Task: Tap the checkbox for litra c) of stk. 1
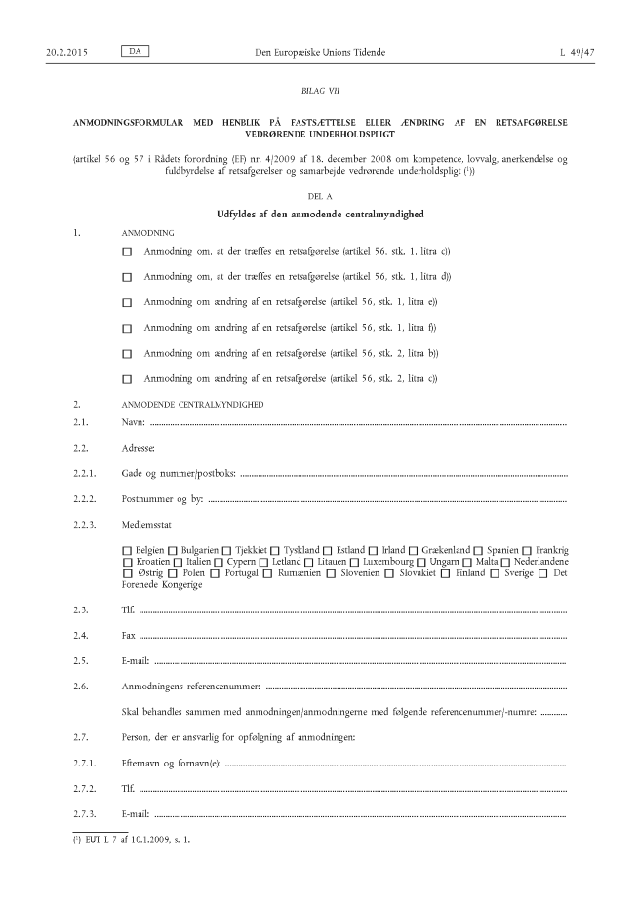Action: pos(127,252)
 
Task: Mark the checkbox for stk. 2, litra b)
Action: pos(127,353)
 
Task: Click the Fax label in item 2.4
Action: pos(127,635)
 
